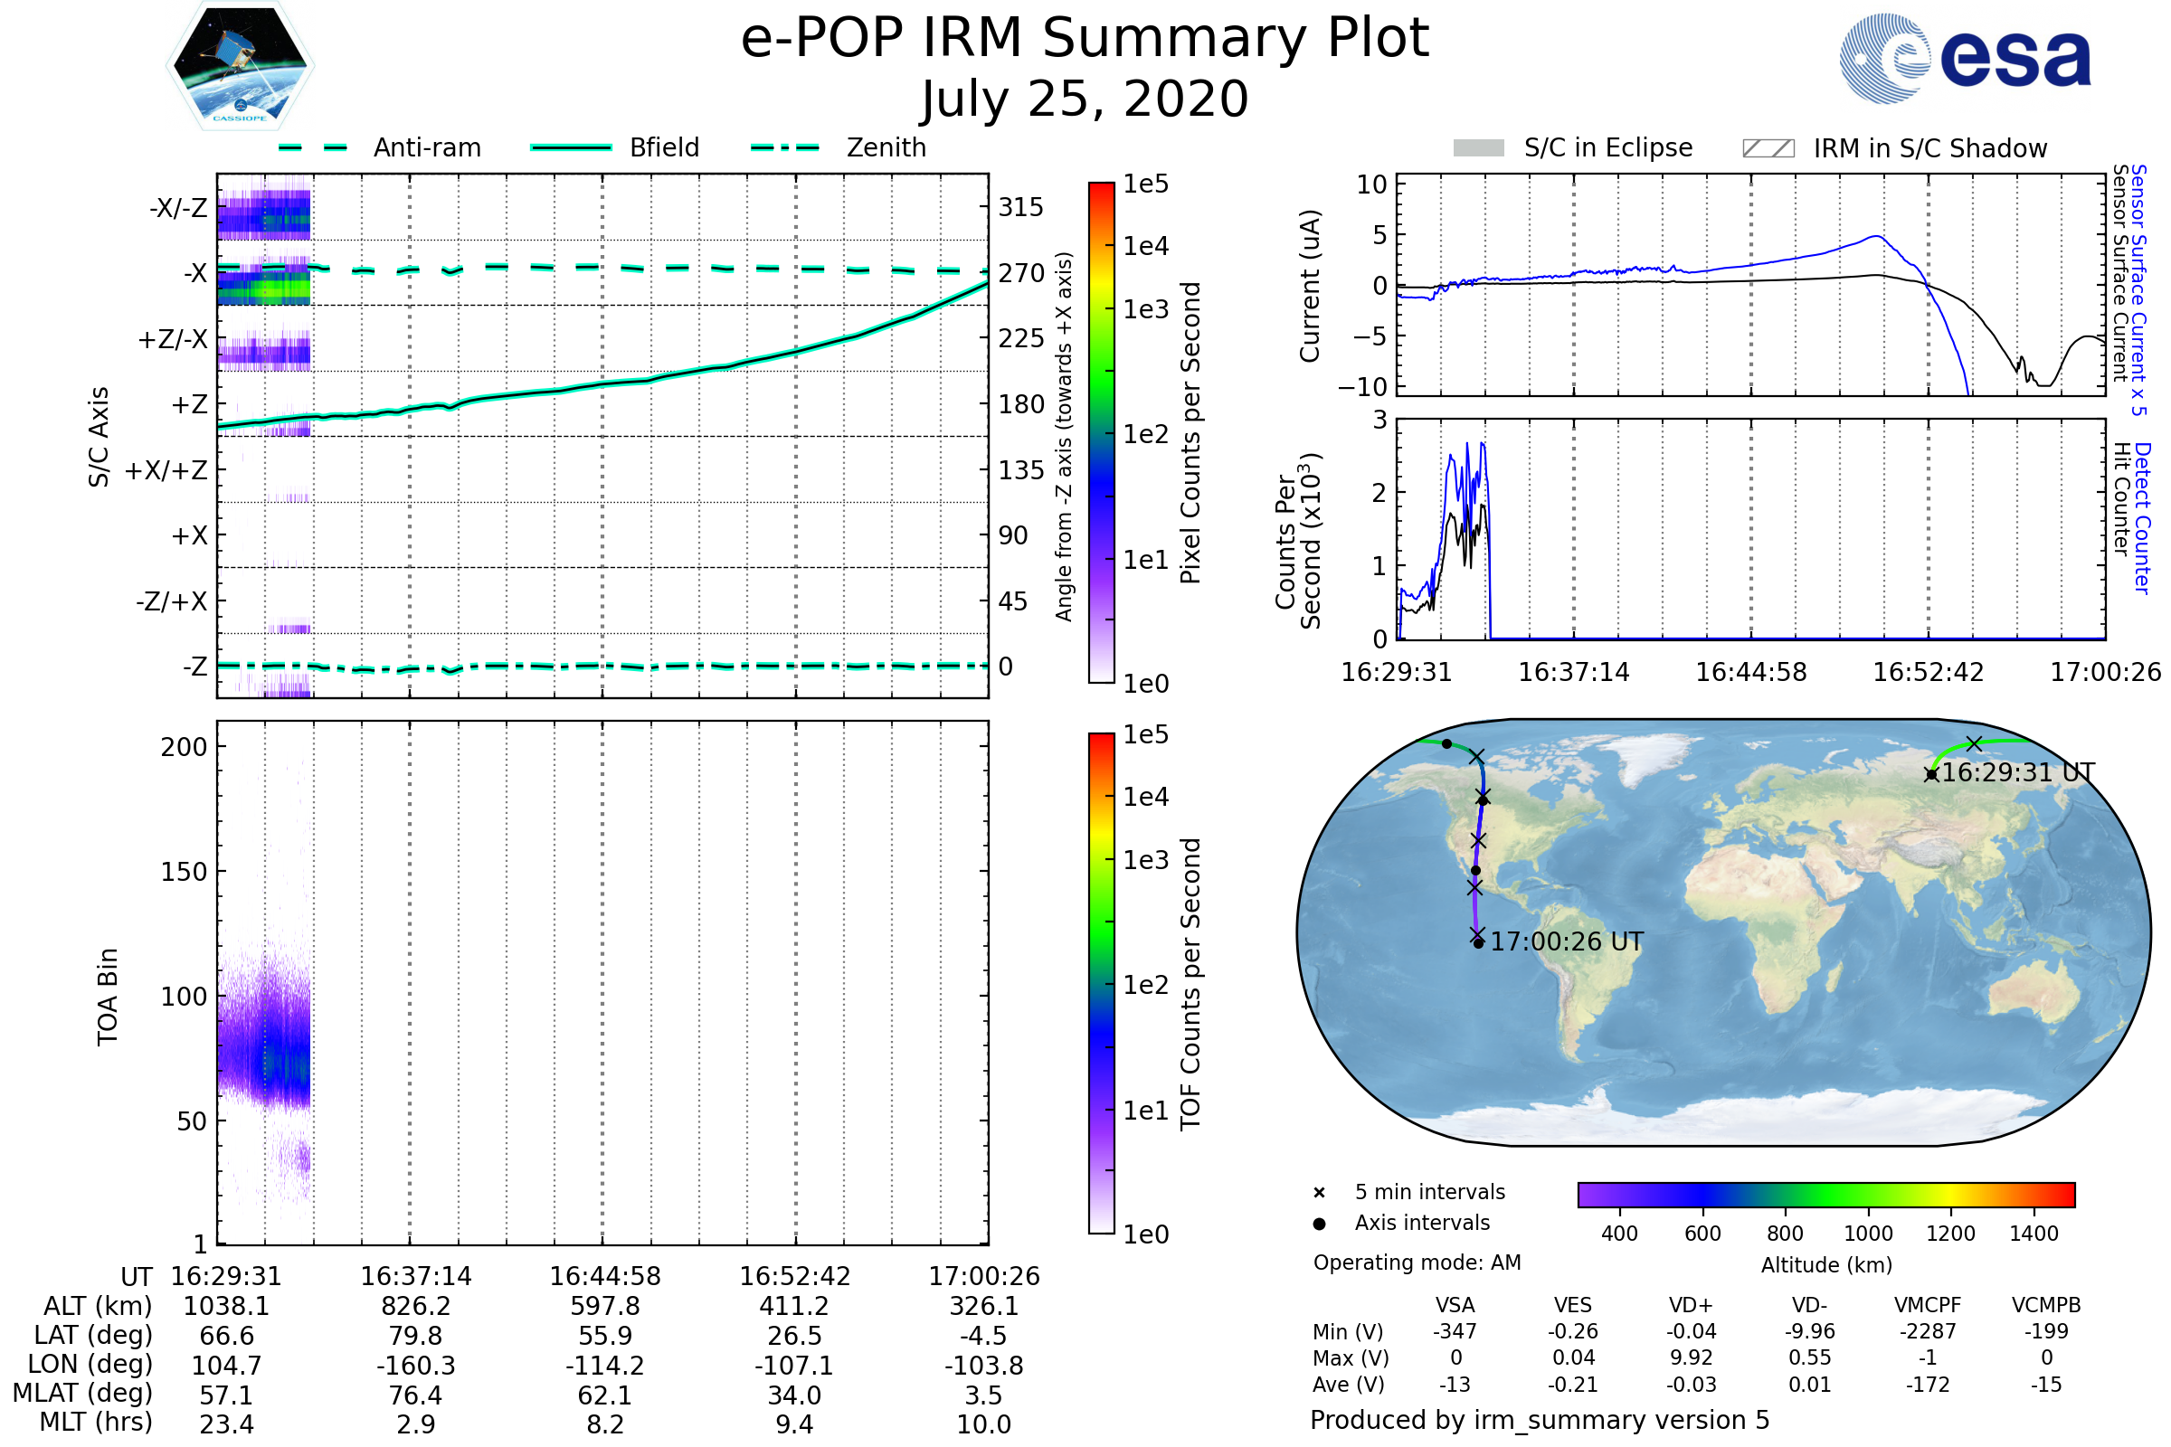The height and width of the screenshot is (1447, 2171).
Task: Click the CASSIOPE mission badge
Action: click(x=240, y=64)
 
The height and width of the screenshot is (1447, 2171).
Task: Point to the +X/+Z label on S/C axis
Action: click(x=166, y=470)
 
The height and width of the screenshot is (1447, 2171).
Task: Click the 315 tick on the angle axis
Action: click(x=1020, y=207)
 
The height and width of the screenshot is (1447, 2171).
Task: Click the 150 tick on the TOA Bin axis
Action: click(x=184, y=872)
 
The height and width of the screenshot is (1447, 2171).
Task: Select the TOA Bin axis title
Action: click(x=108, y=997)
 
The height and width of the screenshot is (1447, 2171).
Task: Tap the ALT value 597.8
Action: click(x=604, y=1306)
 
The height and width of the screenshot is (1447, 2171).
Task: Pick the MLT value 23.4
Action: click(x=226, y=1423)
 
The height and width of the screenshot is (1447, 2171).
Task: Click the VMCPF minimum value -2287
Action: click(x=1928, y=1331)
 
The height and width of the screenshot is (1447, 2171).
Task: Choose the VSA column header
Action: click(x=1455, y=1305)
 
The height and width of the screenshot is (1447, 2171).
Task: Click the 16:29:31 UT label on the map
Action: click(x=2018, y=772)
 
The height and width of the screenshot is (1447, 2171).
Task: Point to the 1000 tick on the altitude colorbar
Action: click(x=1867, y=1234)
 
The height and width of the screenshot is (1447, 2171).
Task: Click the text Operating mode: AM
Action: click(x=1417, y=1263)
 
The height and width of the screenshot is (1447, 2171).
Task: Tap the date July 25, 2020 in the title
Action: click(x=1085, y=99)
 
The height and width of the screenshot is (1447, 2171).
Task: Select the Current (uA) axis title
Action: click(x=1310, y=286)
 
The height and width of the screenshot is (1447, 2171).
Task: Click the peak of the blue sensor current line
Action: click(x=1876, y=236)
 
